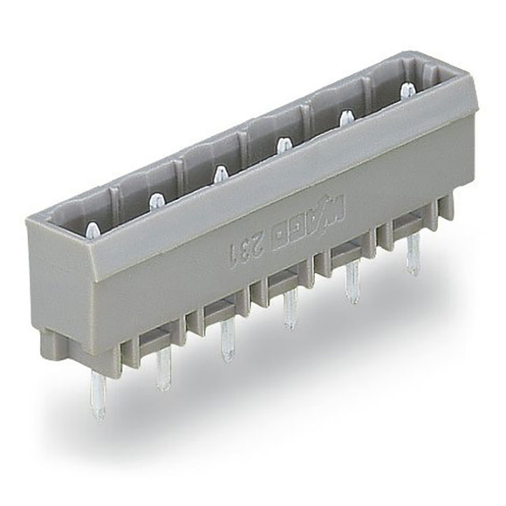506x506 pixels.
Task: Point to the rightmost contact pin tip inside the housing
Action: coord(408,89)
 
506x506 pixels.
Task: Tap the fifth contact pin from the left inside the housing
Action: coord(346,119)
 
